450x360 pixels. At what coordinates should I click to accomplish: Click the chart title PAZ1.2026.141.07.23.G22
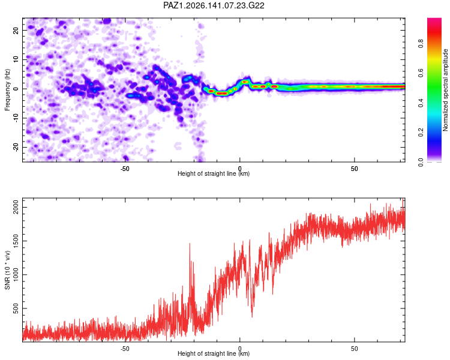214,5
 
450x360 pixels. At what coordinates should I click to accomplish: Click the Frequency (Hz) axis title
7,90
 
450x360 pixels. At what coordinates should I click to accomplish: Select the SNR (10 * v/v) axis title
7,270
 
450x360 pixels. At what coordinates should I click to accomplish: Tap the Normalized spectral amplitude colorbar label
445,90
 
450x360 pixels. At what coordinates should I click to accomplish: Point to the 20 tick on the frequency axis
16,30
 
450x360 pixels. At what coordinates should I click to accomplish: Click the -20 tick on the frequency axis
16,147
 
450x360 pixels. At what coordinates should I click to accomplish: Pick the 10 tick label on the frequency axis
16,59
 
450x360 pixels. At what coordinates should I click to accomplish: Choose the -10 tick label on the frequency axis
16,118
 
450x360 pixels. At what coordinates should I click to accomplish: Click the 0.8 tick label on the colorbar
421,44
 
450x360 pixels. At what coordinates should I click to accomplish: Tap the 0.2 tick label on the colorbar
421,133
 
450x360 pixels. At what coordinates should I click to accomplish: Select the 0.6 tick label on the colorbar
421,73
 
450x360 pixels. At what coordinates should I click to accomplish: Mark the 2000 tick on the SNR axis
16,207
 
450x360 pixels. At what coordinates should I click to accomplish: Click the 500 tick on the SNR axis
16,308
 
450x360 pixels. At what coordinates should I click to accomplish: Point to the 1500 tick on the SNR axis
16,241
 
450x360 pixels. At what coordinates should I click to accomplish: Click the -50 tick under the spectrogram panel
125,169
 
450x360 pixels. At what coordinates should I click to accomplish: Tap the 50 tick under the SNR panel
355,349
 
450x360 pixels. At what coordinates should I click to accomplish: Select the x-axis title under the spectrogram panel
214,173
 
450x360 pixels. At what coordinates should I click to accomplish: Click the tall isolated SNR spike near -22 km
190,244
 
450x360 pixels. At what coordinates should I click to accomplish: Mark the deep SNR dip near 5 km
252,315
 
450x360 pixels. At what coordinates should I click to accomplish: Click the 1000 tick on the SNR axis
16,275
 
